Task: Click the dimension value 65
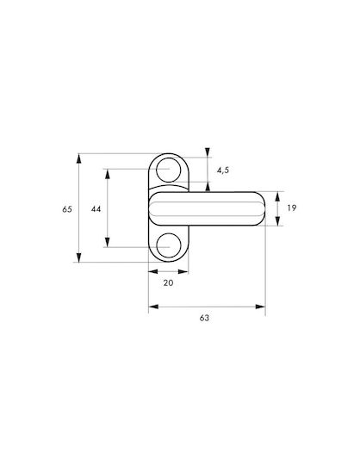tap(67, 209)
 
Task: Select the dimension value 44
tap(96, 209)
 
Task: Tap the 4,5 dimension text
tap(223, 170)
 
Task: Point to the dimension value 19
tap(292, 208)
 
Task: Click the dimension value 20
tap(168, 283)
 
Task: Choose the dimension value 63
tap(204, 318)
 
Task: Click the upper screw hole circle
tap(168, 170)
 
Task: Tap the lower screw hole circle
tap(168, 245)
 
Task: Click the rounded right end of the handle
tap(261, 208)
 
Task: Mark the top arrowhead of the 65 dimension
tap(78, 158)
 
